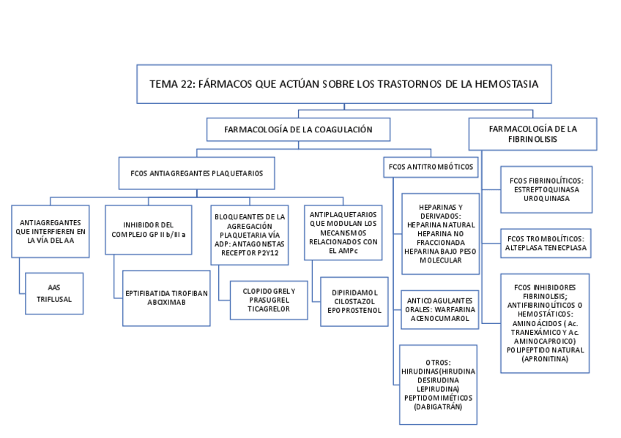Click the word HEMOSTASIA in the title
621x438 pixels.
[x=506, y=84]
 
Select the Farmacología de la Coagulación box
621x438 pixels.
[x=298, y=129]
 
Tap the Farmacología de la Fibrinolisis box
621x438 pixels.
[x=532, y=133]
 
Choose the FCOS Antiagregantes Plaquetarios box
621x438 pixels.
[x=196, y=173]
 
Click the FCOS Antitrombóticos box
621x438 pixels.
[x=431, y=167]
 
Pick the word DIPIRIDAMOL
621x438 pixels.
[x=354, y=291]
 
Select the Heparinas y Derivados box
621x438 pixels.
[x=441, y=233]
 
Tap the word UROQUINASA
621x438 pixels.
[x=546, y=198]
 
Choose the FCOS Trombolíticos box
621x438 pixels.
[x=546, y=243]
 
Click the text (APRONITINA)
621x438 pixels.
[x=545, y=358]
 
